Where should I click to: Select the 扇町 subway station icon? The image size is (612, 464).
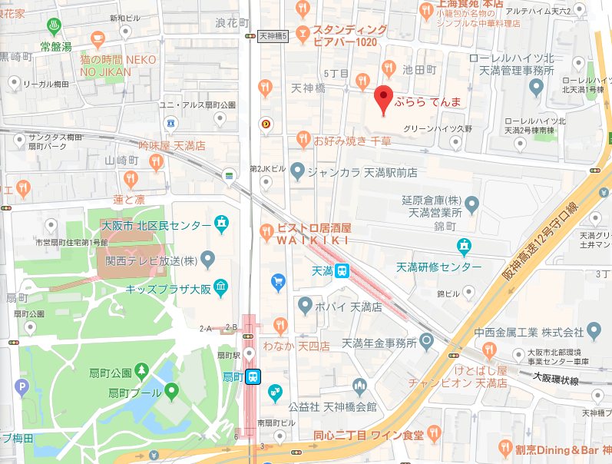[254, 376]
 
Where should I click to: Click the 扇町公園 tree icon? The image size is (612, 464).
[141, 372]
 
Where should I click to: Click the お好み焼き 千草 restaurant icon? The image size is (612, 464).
[302, 140]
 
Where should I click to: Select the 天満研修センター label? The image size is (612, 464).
[438, 267]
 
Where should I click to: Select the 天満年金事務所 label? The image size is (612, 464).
[372, 342]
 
